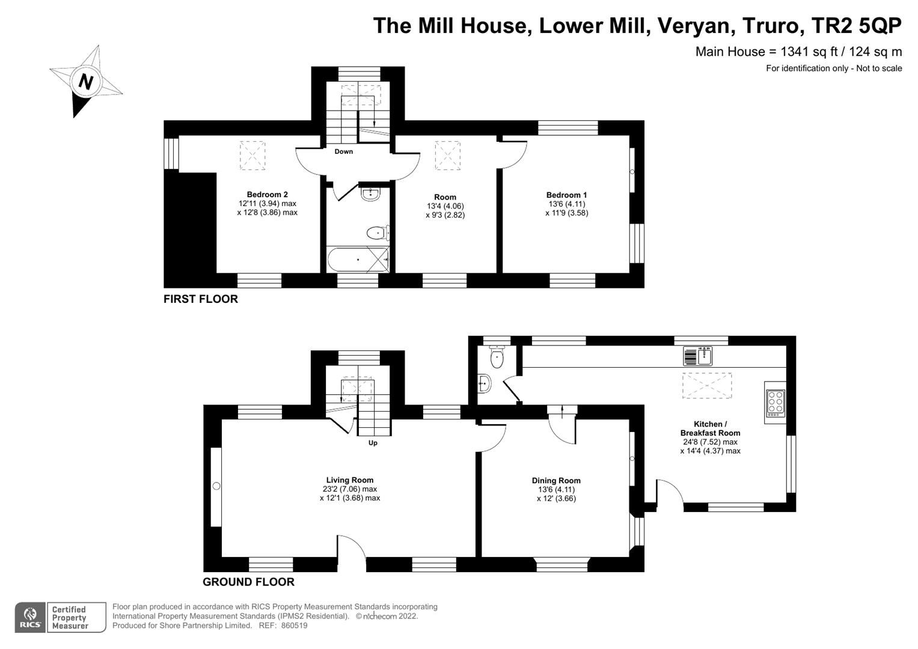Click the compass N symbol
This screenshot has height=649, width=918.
click(x=85, y=81)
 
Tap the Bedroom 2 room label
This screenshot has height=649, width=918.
click(x=267, y=195)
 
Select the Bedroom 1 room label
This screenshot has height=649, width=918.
click(x=566, y=195)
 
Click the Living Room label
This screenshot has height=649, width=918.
click(x=349, y=480)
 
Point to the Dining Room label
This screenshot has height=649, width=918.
click(x=556, y=481)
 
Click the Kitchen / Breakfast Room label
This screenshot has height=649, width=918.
click(x=710, y=428)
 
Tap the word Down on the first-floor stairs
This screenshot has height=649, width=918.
click(x=344, y=151)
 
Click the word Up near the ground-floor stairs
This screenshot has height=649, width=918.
click(x=373, y=443)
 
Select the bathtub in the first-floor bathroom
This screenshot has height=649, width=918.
click(x=358, y=260)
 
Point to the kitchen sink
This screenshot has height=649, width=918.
click(x=697, y=356)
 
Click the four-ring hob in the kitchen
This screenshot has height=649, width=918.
click(x=775, y=403)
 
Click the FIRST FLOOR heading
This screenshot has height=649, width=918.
click(x=201, y=299)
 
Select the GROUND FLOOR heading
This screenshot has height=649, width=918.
click(x=248, y=582)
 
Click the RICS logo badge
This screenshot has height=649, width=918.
click(x=29, y=617)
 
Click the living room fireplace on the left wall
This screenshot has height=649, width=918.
click(x=216, y=486)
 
